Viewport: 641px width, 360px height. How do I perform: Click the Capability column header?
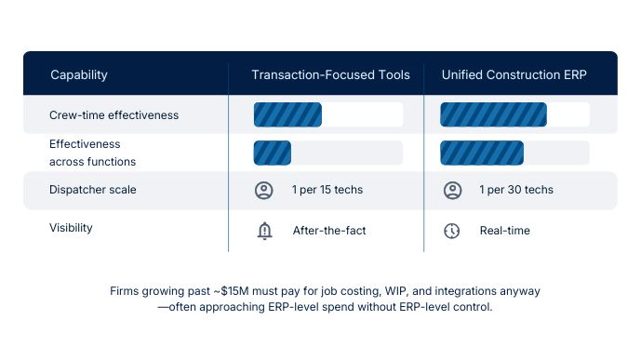[x=79, y=74]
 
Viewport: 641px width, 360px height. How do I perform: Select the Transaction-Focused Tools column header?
[x=330, y=74]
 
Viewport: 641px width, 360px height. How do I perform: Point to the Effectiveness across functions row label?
[x=92, y=153]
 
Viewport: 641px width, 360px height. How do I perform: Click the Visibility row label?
[x=71, y=227]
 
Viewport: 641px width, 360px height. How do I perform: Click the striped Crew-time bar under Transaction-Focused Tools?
[x=287, y=114]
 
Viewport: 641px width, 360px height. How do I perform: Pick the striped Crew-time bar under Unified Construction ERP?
[x=493, y=114]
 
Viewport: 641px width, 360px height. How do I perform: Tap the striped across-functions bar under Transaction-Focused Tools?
[x=273, y=153]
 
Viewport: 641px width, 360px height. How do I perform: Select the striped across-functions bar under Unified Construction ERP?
[x=481, y=153]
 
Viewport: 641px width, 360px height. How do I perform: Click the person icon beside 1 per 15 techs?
[x=264, y=191]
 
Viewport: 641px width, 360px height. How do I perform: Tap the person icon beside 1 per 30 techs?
[x=452, y=191]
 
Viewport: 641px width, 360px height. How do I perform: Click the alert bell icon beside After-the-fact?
[x=264, y=231]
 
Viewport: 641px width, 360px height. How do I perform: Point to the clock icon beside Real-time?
[x=452, y=231]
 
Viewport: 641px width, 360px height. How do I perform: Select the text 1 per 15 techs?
[x=327, y=191]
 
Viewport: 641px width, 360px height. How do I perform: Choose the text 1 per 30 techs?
[x=516, y=191]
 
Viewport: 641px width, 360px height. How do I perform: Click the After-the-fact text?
[x=329, y=231]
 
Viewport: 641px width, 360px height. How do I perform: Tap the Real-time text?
[x=505, y=231]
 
